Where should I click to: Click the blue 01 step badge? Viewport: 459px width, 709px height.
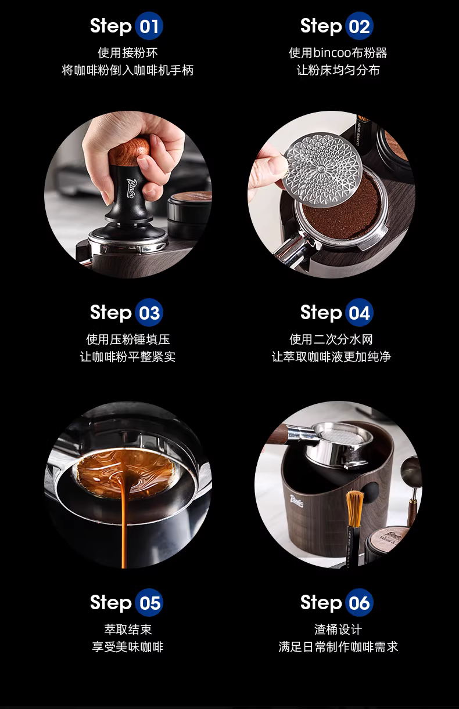pos(149,26)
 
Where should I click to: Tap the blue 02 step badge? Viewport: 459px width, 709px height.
pos(359,26)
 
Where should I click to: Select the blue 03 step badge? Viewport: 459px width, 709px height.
pos(149,312)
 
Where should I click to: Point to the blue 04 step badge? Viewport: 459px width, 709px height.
pos(359,312)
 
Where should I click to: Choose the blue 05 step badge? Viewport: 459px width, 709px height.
pos(149,602)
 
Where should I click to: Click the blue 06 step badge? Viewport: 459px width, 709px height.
pos(359,602)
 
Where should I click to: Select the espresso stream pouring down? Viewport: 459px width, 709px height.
pos(124,519)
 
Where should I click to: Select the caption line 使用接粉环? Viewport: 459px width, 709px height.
pos(128,53)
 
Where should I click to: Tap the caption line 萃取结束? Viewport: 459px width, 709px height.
pos(128,630)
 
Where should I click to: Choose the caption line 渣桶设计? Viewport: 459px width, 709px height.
pos(338,630)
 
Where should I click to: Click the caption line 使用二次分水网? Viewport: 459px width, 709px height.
pos(331,339)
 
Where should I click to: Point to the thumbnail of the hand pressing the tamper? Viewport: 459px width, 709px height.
pos(128,194)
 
